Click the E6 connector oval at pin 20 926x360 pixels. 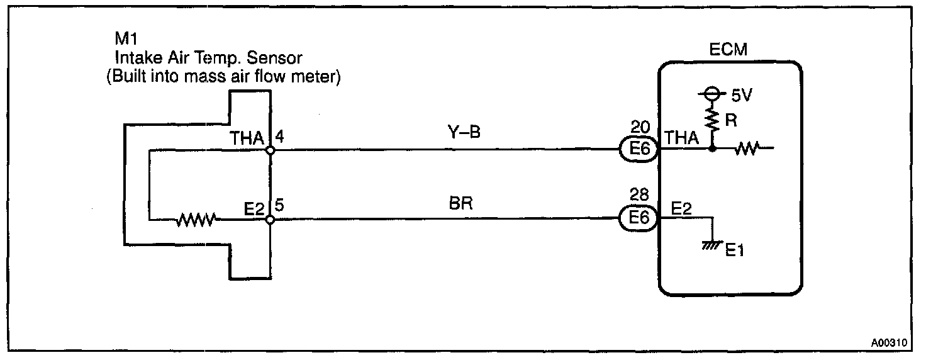pyautogui.click(x=640, y=150)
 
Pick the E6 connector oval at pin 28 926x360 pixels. pyautogui.click(x=640, y=219)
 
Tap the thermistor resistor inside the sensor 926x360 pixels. pyautogui.click(x=196, y=220)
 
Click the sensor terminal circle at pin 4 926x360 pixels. pyautogui.click(x=270, y=151)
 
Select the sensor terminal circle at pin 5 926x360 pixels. pyautogui.click(x=270, y=220)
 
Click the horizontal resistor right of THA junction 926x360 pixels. pyautogui.click(x=745, y=150)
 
